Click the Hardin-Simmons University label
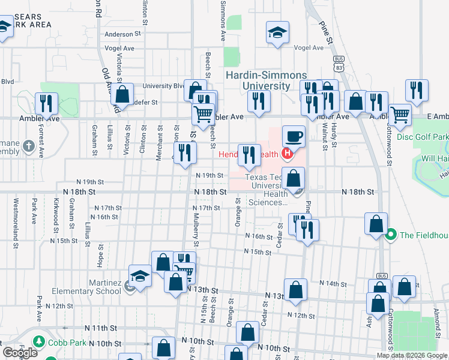click(x=266, y=80)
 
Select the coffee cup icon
click(x=294, y=136)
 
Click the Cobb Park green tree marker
click(x=40, y=342)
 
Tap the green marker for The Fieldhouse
click(x=392, y=234)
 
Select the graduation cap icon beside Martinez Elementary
click(x=140, y=277)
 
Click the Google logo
click(x=19, y=352)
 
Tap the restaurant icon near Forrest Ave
click(x=46, y=103)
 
